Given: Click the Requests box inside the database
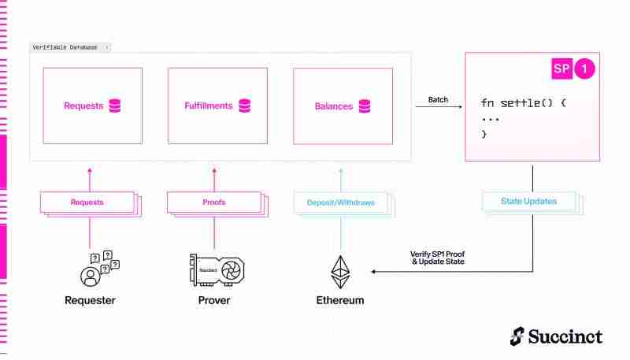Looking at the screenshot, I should [92, 106].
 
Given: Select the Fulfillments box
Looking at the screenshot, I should [217, 106].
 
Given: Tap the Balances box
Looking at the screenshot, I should [343, 106].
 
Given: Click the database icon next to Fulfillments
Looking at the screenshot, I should [244, 106].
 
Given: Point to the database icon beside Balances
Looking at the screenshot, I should [365, 106].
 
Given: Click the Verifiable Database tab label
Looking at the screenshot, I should [66, 47].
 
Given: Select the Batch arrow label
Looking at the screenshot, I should [439, 100].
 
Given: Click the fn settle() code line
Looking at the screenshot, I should [523, 103].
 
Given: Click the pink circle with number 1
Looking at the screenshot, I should [584, 69].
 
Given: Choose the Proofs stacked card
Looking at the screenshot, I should [214, 202].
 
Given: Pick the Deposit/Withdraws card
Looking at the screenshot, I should [341, 202].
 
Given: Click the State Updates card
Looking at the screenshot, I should [528, 202].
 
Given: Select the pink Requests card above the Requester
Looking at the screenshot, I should [87, 202].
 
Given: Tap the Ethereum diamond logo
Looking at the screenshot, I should [341, 271].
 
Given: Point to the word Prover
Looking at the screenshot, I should [215, 301].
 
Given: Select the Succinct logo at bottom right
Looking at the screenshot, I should [556, 336].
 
